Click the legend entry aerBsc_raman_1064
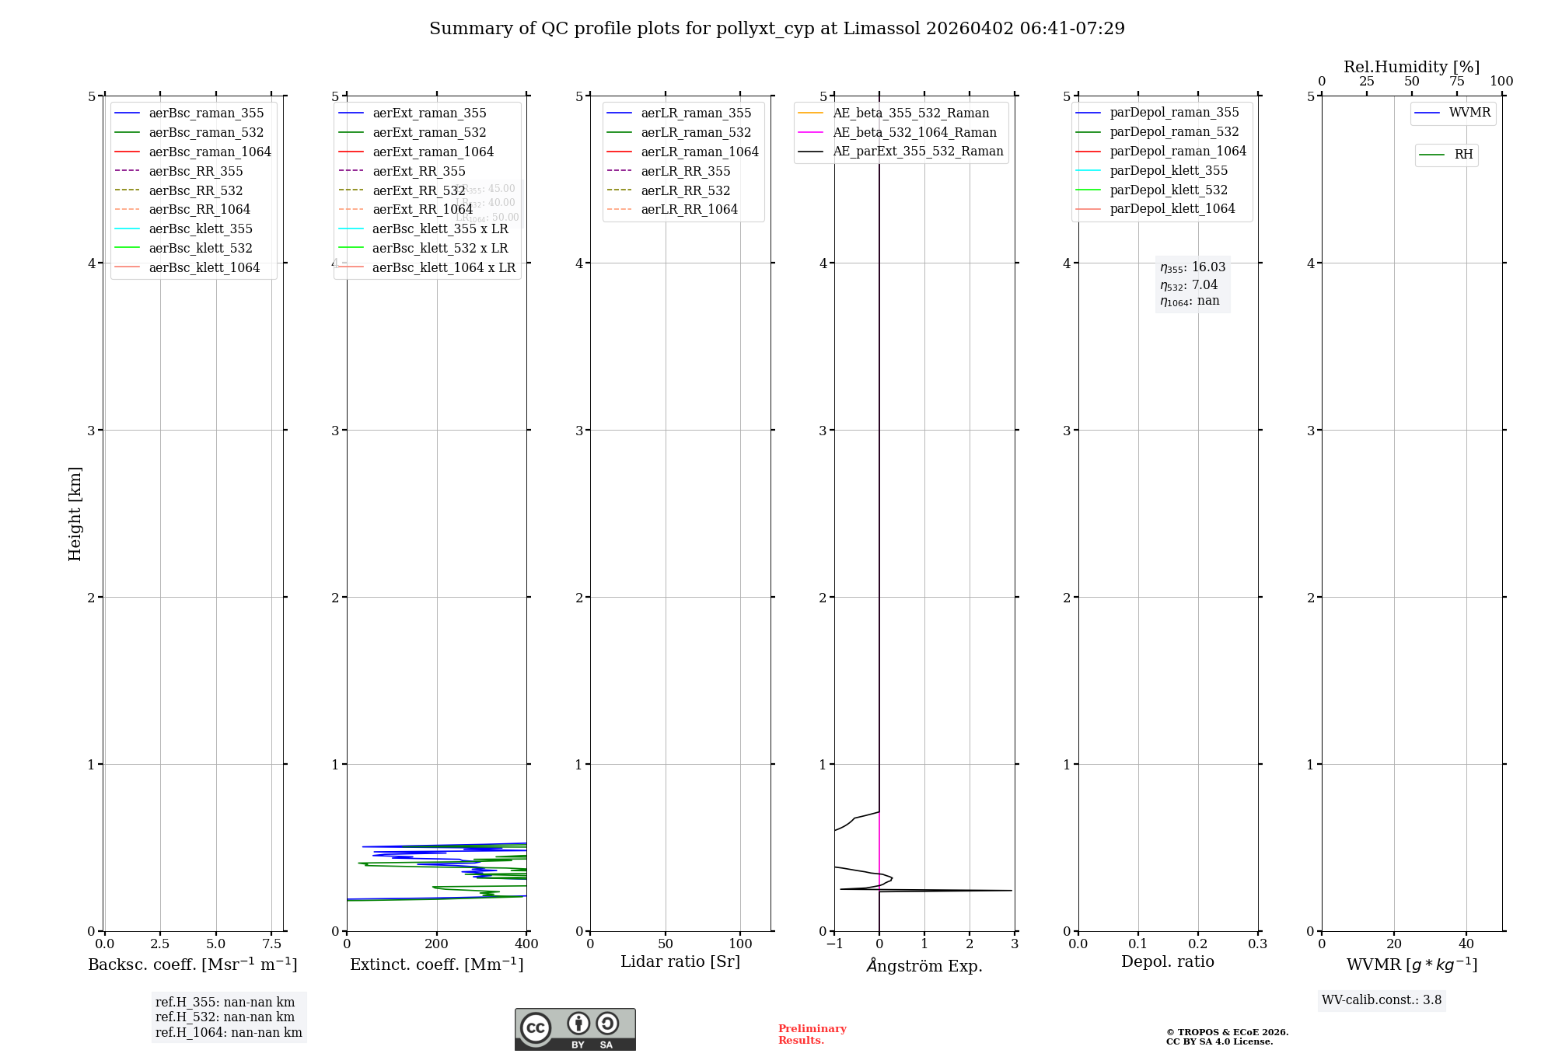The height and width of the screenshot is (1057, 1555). point(209,152)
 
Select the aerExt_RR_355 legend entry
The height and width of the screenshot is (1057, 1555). point(418,171)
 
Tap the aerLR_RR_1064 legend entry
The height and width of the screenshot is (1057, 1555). point(689,209)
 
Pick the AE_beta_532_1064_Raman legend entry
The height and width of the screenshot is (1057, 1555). point(914,132)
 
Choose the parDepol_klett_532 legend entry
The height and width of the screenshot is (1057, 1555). point(1168,190)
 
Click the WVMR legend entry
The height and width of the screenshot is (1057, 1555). point(1469,113)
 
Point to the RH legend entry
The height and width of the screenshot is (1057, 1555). point(1462,155)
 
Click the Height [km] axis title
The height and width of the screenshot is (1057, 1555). point(75,513)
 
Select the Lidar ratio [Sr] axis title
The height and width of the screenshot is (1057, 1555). point(680,961)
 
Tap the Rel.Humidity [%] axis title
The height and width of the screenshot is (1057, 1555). point(1411,67)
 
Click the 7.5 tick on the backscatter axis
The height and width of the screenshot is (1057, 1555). point(271,944)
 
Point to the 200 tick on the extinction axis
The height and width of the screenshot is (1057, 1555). point(437,944)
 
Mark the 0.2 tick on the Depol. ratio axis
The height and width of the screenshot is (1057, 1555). point(1198,944)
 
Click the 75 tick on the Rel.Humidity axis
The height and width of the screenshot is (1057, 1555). point(1456,82)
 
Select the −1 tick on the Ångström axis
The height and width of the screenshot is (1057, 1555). point(834,944)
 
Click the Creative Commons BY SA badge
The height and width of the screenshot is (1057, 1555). point(575,1029)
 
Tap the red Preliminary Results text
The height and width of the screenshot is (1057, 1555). point(812,1034)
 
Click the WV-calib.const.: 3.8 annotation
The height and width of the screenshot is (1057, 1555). point(1381,999)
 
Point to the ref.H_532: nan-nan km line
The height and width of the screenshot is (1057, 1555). point(225,1017)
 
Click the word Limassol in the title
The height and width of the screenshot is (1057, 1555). point(882,29)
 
